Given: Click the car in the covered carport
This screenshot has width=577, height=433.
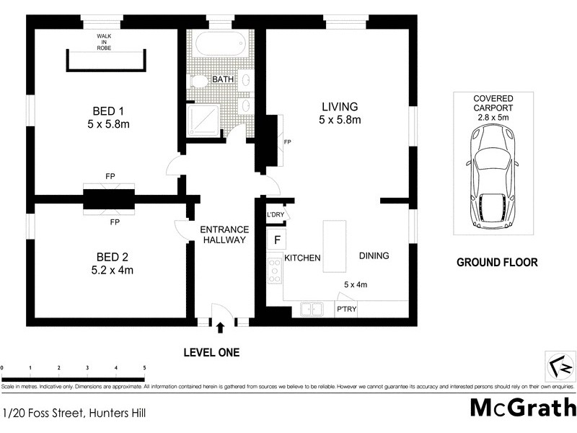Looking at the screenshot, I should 492,176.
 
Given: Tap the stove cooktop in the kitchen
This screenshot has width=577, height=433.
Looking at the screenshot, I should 274,271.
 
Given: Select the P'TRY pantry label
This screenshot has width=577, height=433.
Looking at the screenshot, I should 347,310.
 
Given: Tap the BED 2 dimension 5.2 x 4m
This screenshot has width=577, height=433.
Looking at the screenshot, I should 114,271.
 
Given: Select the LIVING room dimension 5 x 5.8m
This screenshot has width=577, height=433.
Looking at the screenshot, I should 340,120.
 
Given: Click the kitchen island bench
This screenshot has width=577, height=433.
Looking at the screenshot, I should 333,245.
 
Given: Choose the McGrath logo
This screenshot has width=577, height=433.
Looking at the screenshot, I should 522,407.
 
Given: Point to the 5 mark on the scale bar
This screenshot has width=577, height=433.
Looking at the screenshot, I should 144,368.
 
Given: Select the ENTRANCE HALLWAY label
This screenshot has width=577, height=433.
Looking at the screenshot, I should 224,235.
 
